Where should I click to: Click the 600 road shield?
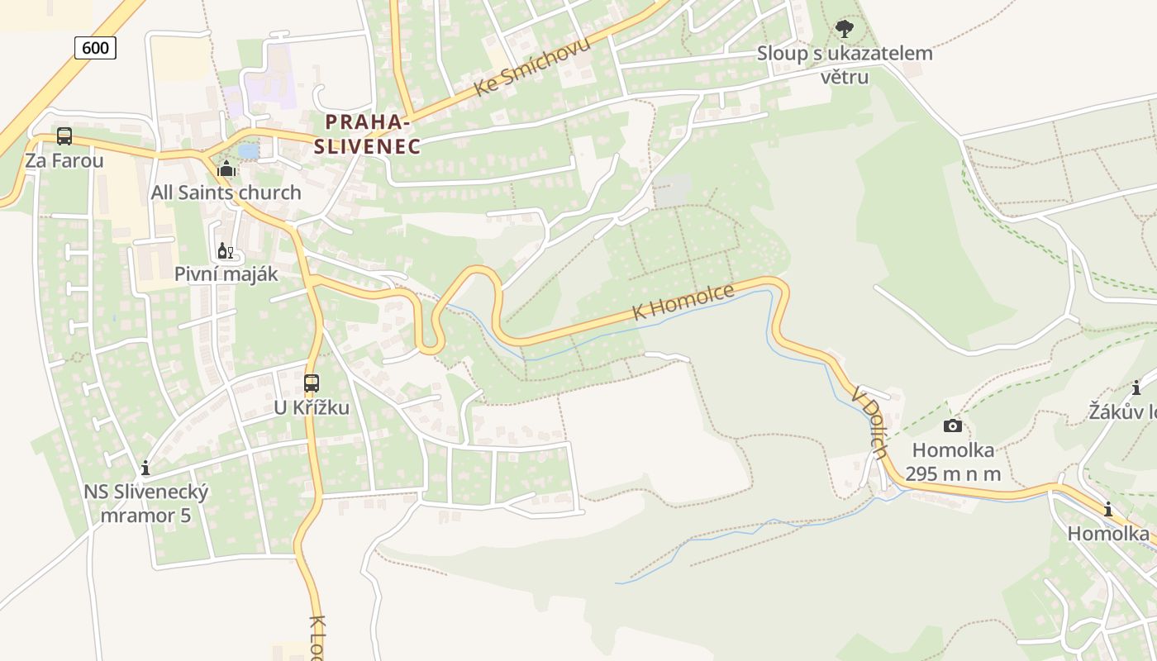click(x=95, y=48)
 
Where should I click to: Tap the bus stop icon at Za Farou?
click(x=64, y=136)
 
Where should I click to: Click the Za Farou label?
click(x=64, y=160)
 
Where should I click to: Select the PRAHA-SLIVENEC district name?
click(x=367, y=135)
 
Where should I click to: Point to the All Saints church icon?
click(x=226, y=169)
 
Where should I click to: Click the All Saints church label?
click(x=226, y=193)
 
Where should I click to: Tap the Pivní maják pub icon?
click(x=225, y=250)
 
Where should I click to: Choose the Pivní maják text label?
click(x=226, y=274)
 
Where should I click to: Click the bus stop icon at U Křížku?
click(x=311, y=383)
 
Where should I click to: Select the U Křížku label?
click(x=312, y=408)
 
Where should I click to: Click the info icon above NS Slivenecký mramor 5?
click(x=145, y=468)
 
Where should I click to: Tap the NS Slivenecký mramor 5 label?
click(x=145, y=504)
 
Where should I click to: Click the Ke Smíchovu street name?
click(x=532, y=67)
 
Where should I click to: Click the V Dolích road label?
click(x=871, y=421)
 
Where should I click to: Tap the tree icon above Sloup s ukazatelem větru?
click(x=844, y=30)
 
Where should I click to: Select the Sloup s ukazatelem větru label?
click(x=845, y=65)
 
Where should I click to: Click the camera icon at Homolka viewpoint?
click(x=952, y=426)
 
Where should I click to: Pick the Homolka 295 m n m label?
click(x=953, y=462)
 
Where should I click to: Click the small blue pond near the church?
click(x=248, y=151)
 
